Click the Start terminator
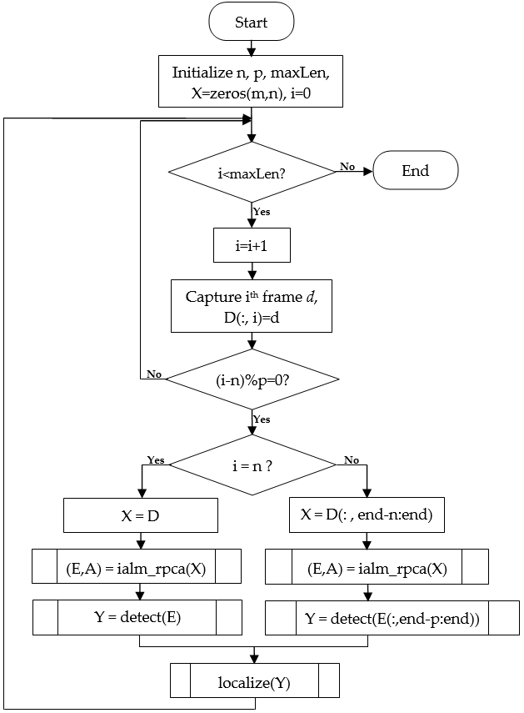251,23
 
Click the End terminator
415,171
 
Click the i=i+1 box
251,245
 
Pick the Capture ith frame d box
251,305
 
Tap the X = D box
141,515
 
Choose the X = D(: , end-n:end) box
366,515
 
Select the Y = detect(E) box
137,617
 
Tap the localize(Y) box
254,680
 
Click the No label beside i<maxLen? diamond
347,167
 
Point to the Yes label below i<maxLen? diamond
262,212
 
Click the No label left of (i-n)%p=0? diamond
153,374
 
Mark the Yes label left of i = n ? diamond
156,459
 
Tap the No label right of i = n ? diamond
352,459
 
